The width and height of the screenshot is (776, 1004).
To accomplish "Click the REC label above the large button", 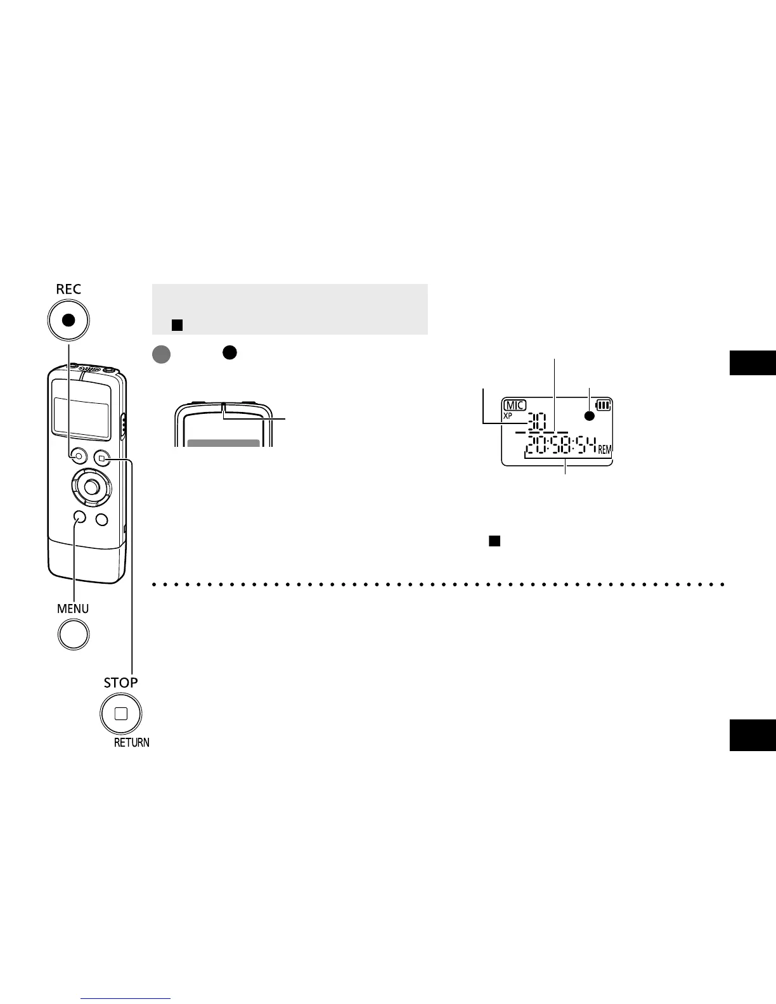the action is pyautogui.click(x=68, y=289).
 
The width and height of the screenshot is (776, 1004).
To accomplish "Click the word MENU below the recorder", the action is pyautogui.click(x=73, y=608).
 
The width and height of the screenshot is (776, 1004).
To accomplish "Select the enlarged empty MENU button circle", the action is pyautogui.click(x=74, y=634).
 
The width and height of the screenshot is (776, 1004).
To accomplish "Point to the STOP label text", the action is pyautogui.click(x=120, y=683).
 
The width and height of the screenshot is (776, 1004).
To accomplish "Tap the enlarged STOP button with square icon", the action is pyautogui.click(x=120, y=714).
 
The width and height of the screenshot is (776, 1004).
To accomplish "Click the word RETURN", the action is pyautogui.click(x=132, y=743).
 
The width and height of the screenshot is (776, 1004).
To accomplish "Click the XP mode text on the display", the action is pyautogui.click(x=508, y=416).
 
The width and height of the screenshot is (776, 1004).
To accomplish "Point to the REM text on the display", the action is pyautogui.click(x=605, y=450).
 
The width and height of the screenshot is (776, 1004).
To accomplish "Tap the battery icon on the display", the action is pyautogui.click(x=604, y=405).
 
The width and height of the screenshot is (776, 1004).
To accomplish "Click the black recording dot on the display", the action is pyautogui.click(x=590, y=416).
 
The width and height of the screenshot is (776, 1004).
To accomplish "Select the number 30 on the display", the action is pyautogui.click(x=536, y=421).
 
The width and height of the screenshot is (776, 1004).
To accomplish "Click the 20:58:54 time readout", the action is pyautogui.click(x=560, y=448).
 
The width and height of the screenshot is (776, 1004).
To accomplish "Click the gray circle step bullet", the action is pyautogui.click(x=162, y=354).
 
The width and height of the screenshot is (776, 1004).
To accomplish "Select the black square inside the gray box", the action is pyautogui.click(x=177, y=325).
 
